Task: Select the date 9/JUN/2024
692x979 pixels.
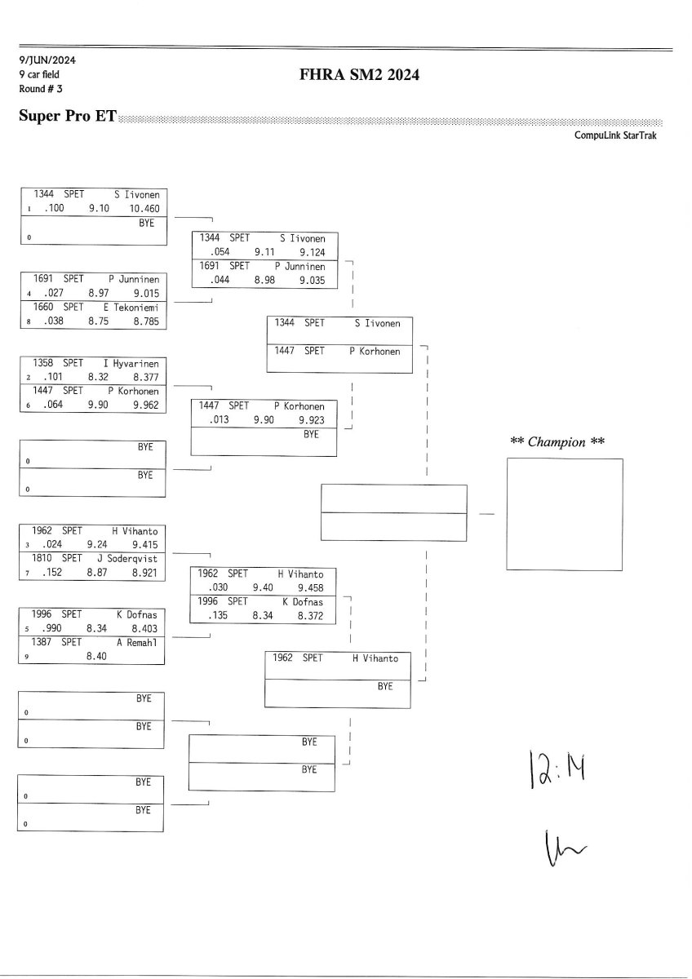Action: pyautogui.click(x=47, y=60)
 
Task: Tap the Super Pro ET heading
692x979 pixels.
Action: pyautogui.click(x=67, y=117)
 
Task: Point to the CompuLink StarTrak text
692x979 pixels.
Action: pyautogui.click(x=615, y=135)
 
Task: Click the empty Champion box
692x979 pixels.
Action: pyautogui.click(x=564, y=514)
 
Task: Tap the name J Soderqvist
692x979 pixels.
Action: pyautogui.click(x=131, y=558)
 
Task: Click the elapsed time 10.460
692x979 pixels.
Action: pyautogui.click(x=145, y=209)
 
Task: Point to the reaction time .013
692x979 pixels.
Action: pyautogui.click(x=220, y=420)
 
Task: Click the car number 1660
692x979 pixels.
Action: pyautogui.click(x=44, y=307)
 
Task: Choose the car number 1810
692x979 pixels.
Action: pyautogui.click(x=44, y=558)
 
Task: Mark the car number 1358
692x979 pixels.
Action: pyautogui.click(x=44, y=363)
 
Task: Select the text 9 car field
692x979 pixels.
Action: pyautogui.click(x=39, y=75)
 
